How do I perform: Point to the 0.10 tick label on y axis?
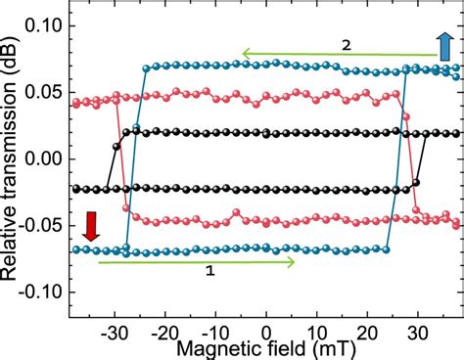pyautogui.click(x=42, y=25)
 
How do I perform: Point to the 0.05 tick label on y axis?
pyautogui.click(x=42, y=92)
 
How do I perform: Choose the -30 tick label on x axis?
pyautogui.click(x=116, y=330)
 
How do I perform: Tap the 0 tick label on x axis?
pyautogui.click(x=266, y=330)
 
